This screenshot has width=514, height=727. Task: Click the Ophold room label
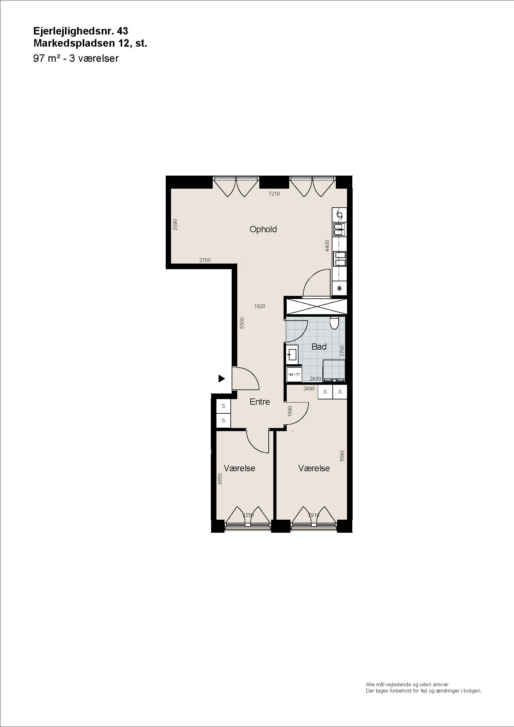point(263,230)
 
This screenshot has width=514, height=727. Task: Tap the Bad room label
point(319,347)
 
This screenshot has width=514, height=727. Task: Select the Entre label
point(260,402)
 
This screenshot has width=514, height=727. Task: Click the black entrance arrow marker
point(221,378)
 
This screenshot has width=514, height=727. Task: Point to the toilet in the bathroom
point(334,323)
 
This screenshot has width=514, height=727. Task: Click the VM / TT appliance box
point(294,375)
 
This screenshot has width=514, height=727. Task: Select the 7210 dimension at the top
point(274,194)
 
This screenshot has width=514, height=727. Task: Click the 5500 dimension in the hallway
point(242,323)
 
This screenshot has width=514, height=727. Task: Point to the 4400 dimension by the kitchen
point(327,246)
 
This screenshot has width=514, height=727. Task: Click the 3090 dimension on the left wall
point(175,224)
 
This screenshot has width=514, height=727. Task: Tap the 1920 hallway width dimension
point(260,306)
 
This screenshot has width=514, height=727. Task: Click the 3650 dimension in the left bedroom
point(220,479)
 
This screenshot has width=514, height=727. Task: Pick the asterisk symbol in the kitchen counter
point(340,288)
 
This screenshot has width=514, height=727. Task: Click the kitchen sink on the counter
point(340,229)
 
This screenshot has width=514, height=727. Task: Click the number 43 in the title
point(123,31)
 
